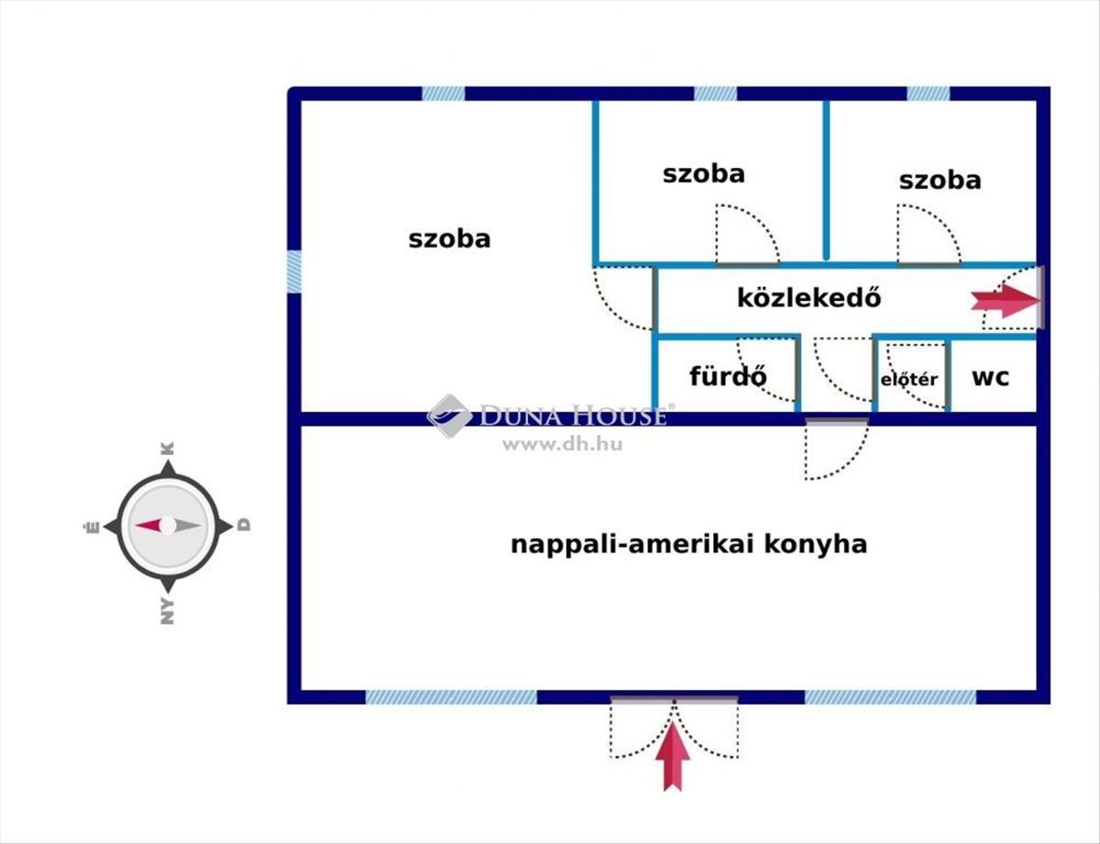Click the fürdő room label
point(728,376)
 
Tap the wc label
point(991,377)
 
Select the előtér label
point(909,380)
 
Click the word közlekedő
point(808,298)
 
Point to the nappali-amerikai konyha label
point(689,545)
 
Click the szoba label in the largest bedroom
point(449,239)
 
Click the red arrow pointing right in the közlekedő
point(1006,301)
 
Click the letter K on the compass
point(168,449)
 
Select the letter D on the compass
point(244,525)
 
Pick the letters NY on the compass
point(168,611)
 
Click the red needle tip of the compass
point(136,526)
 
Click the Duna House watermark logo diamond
point(449,416)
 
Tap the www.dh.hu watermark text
point(563,445)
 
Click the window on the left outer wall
point(294,272)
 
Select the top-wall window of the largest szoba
point(444,94)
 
